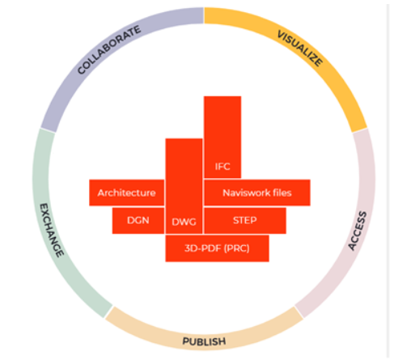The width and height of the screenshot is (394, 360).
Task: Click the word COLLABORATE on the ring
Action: coord(109,49)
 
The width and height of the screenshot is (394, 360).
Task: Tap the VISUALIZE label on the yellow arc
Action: coord(300,49)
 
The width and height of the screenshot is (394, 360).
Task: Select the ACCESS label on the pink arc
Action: coord(358,231)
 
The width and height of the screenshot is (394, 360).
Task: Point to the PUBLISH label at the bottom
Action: coord(204,341)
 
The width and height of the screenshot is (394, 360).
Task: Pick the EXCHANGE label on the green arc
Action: coord(52,230)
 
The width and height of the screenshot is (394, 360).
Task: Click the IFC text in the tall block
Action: coord(222,167)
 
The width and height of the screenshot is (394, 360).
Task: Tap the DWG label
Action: coord(184,222)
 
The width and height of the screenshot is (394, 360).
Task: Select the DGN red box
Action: coord(138,221)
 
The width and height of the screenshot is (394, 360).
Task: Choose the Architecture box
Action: coord(127,193)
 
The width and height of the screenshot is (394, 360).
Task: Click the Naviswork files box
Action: coord(257,193)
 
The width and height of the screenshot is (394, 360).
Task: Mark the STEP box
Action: coord(245,221)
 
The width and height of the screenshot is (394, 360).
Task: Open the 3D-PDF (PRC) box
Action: coord(217,248)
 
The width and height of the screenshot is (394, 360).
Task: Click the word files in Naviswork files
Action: coord(282,193)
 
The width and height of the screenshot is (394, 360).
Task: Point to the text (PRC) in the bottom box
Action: coord(237,248)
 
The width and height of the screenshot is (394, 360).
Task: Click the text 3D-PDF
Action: coord(203,248)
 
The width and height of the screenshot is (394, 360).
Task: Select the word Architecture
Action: coord(127,193)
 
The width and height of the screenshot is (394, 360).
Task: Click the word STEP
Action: coord(245,220)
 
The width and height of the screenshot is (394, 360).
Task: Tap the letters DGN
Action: coord(138,220)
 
